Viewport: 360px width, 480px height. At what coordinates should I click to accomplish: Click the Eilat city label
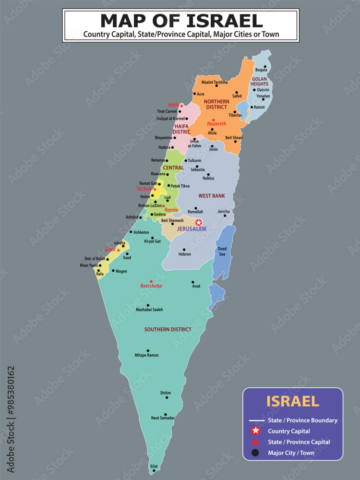click(154, 466)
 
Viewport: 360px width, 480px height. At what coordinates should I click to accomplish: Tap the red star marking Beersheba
click(151, 281)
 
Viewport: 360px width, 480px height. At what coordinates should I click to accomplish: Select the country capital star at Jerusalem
click(199, 222)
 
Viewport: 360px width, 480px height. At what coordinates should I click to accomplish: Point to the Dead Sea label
click(222, 251)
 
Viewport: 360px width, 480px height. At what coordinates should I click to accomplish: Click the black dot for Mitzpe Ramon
click(148, 350)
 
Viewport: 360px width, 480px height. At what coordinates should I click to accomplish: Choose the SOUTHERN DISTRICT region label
click(168, 329)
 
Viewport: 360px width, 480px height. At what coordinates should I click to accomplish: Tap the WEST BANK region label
click(212, 196)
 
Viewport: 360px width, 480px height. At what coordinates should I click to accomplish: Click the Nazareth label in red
click(216, 124)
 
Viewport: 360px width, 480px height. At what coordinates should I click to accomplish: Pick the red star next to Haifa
click(181, 106)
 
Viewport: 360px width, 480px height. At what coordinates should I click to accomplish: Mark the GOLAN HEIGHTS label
click(259, 81)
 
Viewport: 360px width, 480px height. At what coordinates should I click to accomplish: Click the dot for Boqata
click(265, 66)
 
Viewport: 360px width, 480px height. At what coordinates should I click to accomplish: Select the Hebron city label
click(184, 254)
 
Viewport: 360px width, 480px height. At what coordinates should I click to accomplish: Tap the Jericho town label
click(224, 211)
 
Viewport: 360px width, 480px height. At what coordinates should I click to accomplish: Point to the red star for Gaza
click(118, 250)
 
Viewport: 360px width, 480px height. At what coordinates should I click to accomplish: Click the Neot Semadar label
click(163, 418)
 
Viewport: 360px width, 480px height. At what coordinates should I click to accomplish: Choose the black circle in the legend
click(255, 453)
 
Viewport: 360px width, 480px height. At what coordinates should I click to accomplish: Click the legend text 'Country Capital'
click(289, 431)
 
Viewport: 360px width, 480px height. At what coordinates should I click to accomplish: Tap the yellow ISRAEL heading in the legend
click(292, 401)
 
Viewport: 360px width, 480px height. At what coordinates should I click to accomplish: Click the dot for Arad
click(193, 282)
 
